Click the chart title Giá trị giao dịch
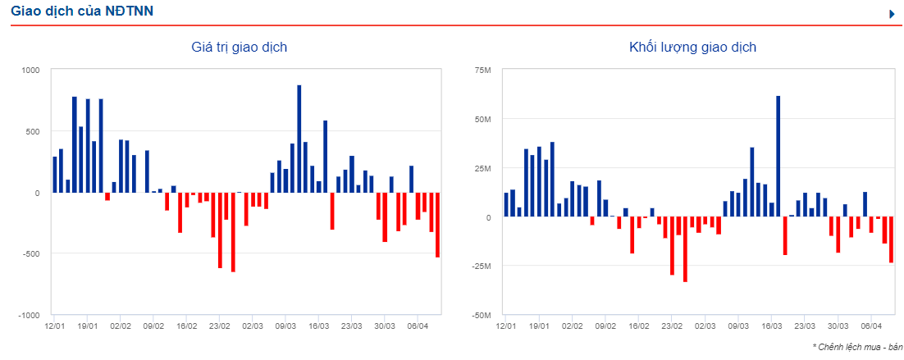239,47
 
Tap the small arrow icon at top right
892,13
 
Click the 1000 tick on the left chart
30,70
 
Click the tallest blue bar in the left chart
299,139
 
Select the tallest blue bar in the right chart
778,156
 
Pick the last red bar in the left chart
437,225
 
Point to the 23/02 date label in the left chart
220,326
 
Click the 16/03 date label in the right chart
772,326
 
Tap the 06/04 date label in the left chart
418,326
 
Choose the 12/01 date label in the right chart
506,326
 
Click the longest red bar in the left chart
233,232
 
